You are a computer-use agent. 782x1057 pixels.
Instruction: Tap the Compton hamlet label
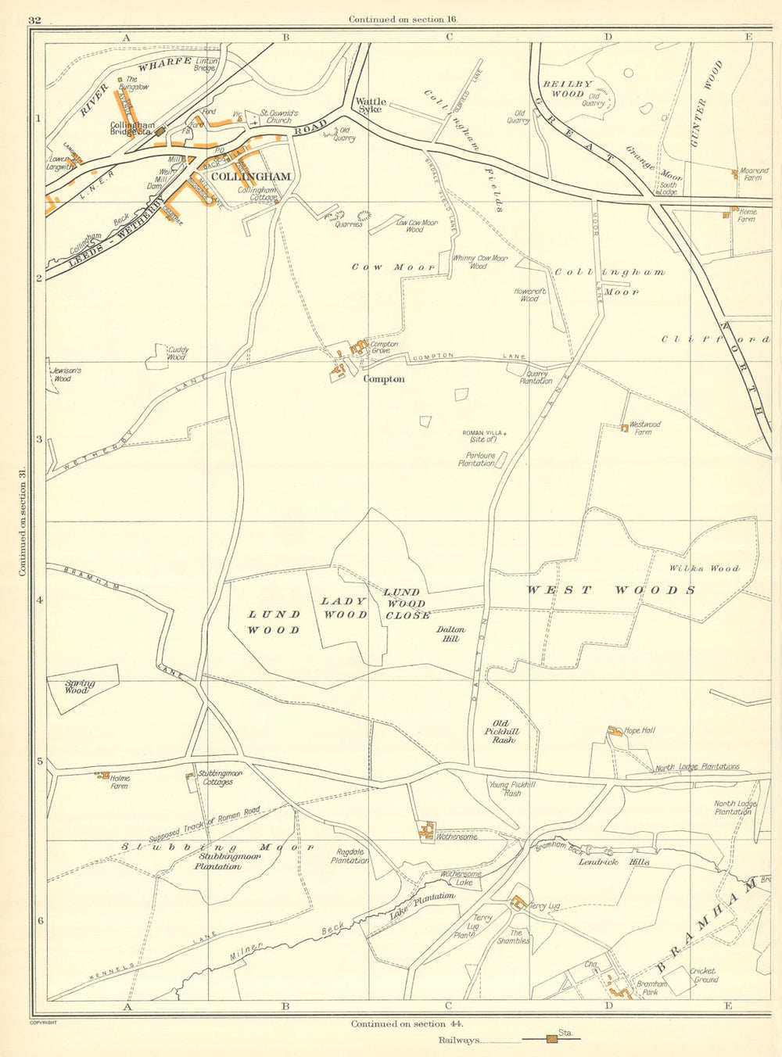(x=384, y=379)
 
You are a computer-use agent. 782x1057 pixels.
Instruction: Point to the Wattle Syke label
(x=368, y=105)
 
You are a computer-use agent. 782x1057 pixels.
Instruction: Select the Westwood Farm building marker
(x=624, y=428)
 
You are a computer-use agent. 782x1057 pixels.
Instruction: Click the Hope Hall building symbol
(x=613, y=732)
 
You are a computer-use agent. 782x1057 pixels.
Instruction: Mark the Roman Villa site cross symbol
(x=505, y=432)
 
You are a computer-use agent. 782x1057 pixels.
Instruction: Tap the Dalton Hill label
(x=451, y=634)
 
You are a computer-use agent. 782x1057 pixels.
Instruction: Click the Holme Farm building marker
(x=102, y=776)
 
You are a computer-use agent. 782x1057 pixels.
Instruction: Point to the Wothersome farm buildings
(x=426, y=831)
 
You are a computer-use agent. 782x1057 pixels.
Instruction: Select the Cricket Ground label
(x=704, y=975)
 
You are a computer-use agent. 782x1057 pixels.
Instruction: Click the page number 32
(x=34, y=20)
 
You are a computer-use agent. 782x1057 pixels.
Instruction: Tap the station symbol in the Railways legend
(x=552, y=1039)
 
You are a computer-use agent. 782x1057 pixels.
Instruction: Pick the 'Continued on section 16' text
(x=403, y=19)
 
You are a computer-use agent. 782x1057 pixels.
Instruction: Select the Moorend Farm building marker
(x=734, y=174)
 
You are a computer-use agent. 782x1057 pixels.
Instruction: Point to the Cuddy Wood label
(x=176, y=353)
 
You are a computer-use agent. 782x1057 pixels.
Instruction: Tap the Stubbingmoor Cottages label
(x=217, y=778)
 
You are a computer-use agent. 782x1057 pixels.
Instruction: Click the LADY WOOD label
(x=343, y=607)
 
